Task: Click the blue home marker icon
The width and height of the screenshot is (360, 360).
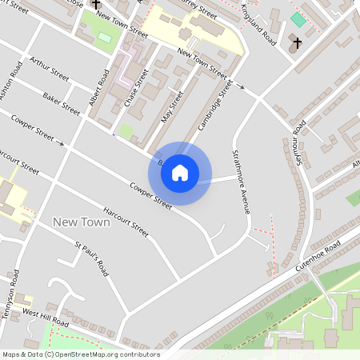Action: (x=180, y=173)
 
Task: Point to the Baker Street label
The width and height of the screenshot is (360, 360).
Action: (x=62, y=102)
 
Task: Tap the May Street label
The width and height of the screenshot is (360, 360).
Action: (x=172, y=104)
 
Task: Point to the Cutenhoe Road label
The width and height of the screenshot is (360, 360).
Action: (x=318, y=254)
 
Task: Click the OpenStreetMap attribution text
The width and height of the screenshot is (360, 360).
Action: (x=81, y=354)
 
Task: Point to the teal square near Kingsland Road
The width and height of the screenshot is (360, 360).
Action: (x=298, y=19)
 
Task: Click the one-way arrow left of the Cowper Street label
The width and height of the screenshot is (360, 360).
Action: (x=60, y=143)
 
